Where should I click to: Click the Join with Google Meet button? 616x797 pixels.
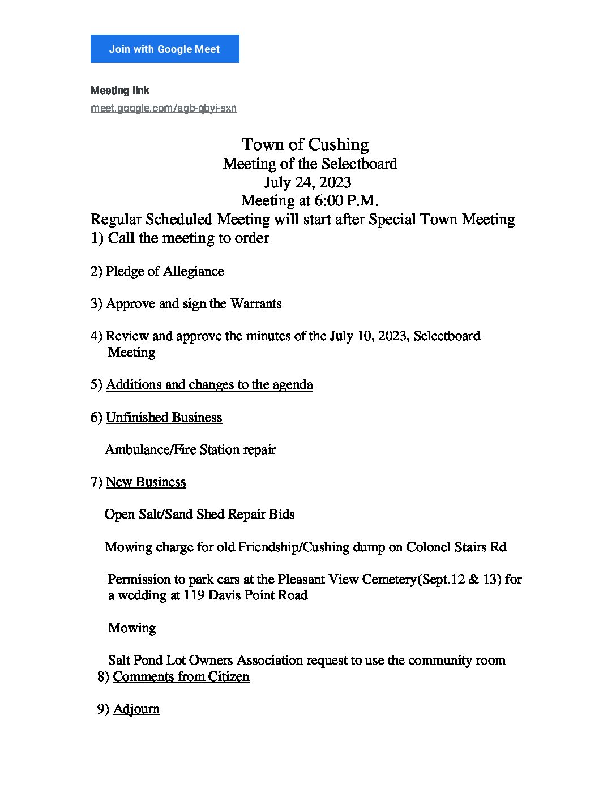tap(165, 49)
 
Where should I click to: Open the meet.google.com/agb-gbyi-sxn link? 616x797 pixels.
tap(164, 108)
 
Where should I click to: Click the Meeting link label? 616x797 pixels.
tap(120, 91)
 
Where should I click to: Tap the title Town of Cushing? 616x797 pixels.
tap(305, 144)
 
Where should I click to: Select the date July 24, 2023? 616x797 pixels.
tap(307, 182)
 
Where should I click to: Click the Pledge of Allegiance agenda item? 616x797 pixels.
tap(165, 272)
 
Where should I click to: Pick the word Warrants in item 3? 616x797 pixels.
tap(256, 304)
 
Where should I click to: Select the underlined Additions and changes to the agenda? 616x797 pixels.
tap(209, 385)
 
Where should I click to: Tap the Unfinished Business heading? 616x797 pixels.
tap(164, 418)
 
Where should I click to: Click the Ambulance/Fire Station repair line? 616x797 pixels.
tap(190, 450)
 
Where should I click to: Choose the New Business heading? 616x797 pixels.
tap(146, 482)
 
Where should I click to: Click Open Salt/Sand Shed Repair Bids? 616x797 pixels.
tap(200, 515)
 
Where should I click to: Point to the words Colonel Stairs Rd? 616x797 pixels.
tap(456, 547)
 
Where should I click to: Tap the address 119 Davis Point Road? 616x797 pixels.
tap(246, 595)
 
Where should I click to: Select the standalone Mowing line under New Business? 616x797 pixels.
tap(132, 628)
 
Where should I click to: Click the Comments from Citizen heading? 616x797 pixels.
tap(181, 677)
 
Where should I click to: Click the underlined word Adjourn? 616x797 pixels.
tap(136, 709)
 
